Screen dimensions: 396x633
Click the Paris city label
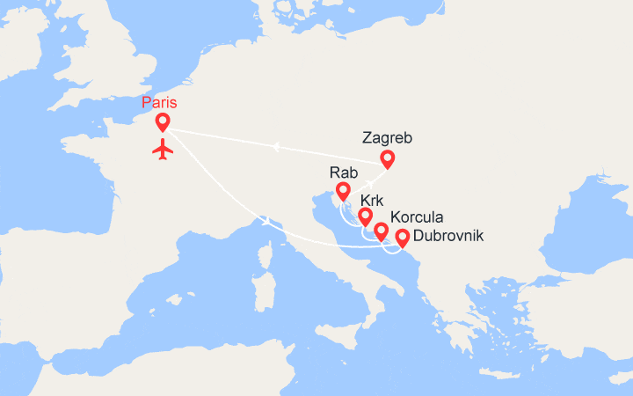pos(158,102)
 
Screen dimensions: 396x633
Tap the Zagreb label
pos(387,138)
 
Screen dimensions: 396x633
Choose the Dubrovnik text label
pos(447,236)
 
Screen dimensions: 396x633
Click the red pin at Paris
pos(163,122)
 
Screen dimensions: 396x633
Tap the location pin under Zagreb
pos(387,159)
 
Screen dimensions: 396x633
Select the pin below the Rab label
pos(343,190)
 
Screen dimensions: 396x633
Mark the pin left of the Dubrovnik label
pos(402,237)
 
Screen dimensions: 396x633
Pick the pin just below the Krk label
pos(365,216)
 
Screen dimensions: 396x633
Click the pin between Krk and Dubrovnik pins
pos(382,231)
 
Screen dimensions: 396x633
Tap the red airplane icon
pos(163,149)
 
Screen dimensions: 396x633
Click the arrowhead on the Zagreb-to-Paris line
pos(274,146)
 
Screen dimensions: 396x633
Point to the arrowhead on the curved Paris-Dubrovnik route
pos(263,219)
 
